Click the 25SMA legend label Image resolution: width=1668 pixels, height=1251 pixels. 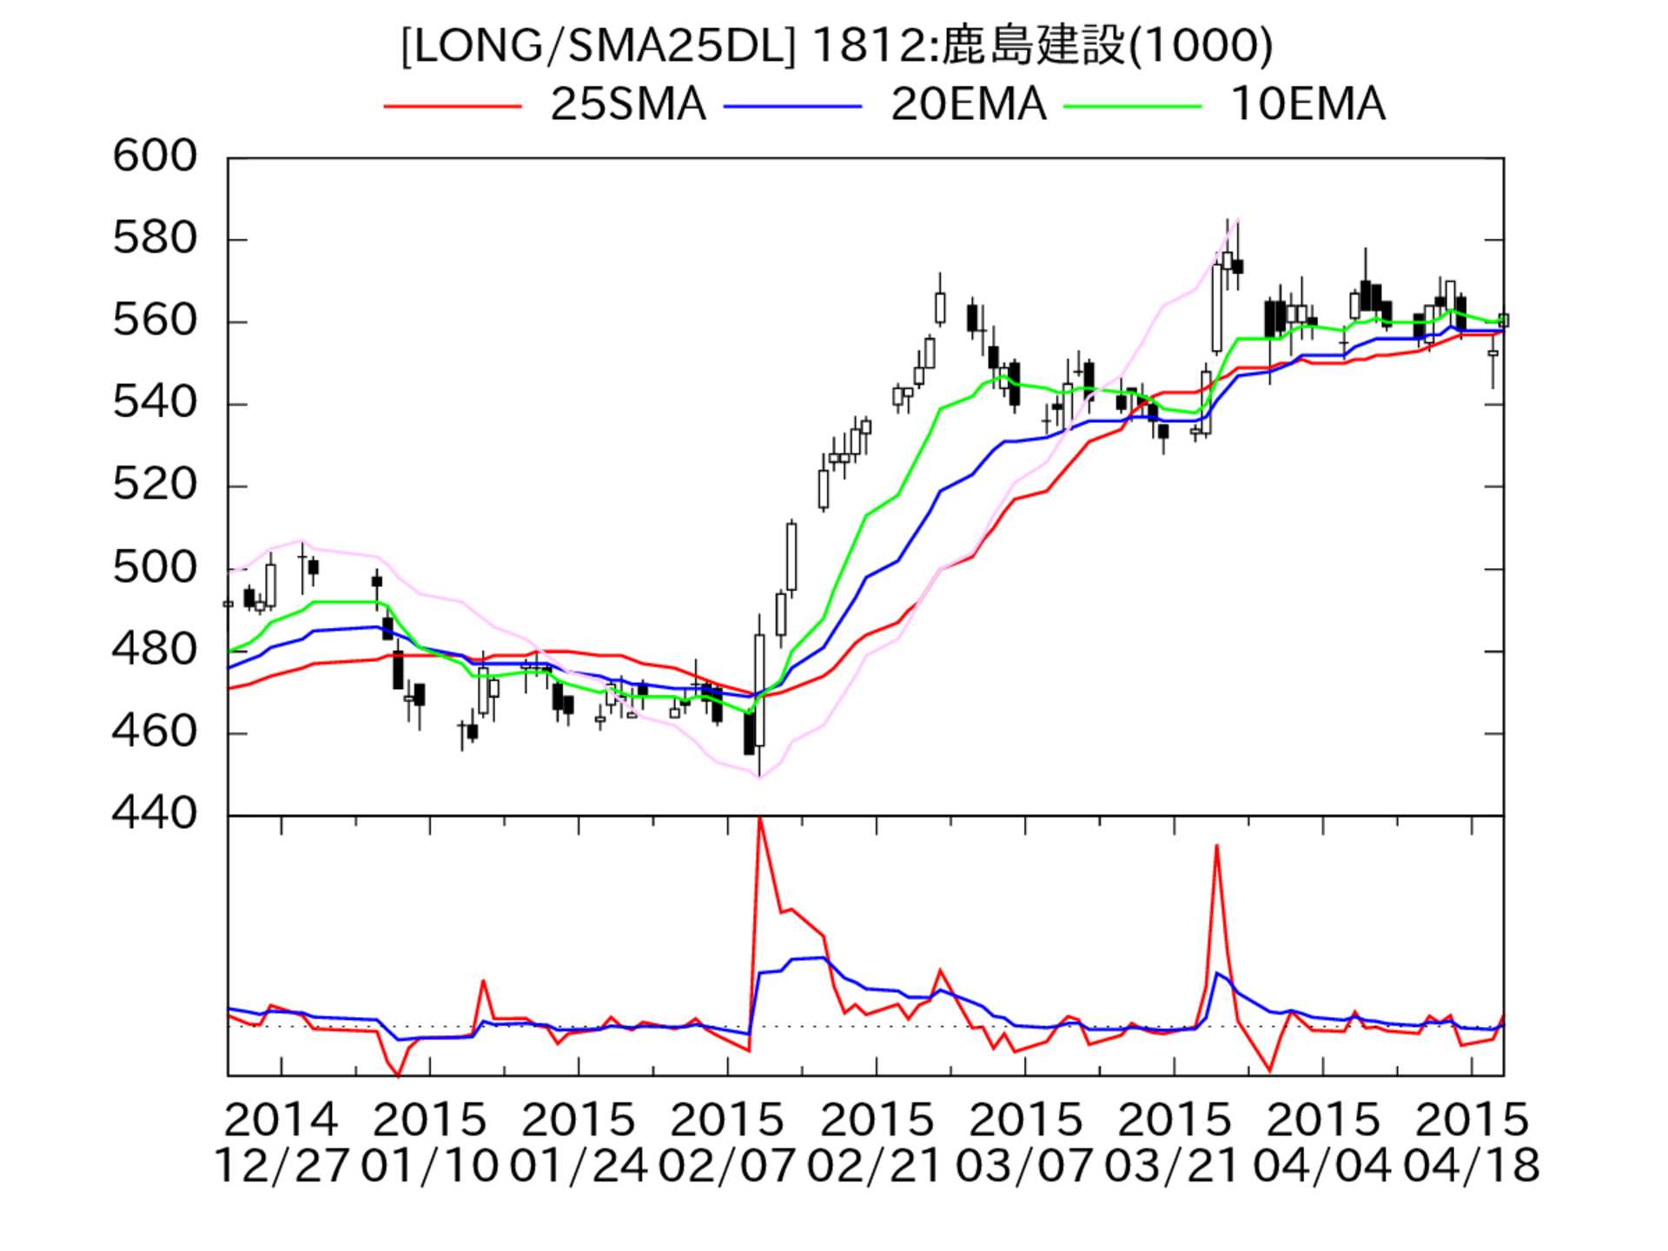[627, 104]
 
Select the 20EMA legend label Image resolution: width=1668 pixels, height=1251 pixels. [968, 104]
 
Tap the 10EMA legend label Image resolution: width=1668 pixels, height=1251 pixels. [1307, 104]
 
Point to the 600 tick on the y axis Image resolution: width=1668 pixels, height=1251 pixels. [156, 157]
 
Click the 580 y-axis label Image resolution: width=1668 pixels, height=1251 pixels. [156, 239]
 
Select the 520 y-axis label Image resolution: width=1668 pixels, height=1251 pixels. [156, 486]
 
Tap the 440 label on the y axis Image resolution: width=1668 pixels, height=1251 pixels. [156, 814]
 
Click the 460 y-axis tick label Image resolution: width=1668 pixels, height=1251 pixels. [156, 732]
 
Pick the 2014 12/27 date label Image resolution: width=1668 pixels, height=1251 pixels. [281, 1142]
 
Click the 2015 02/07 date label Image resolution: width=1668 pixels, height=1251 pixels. [727, 1142]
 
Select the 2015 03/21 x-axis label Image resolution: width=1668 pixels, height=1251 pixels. [1174, 1142]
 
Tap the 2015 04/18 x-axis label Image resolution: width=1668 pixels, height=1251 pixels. [1472, 1142]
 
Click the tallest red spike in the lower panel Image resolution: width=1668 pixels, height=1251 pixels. [760, 820]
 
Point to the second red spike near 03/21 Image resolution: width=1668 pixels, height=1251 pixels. [1216, 847]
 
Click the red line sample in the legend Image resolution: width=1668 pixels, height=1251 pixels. [453, 106]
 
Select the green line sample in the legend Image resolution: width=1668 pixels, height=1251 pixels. [1133, 106]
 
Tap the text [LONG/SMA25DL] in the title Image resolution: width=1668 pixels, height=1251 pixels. [598, 45]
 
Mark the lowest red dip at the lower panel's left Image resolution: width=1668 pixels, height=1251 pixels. [399, 1075]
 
